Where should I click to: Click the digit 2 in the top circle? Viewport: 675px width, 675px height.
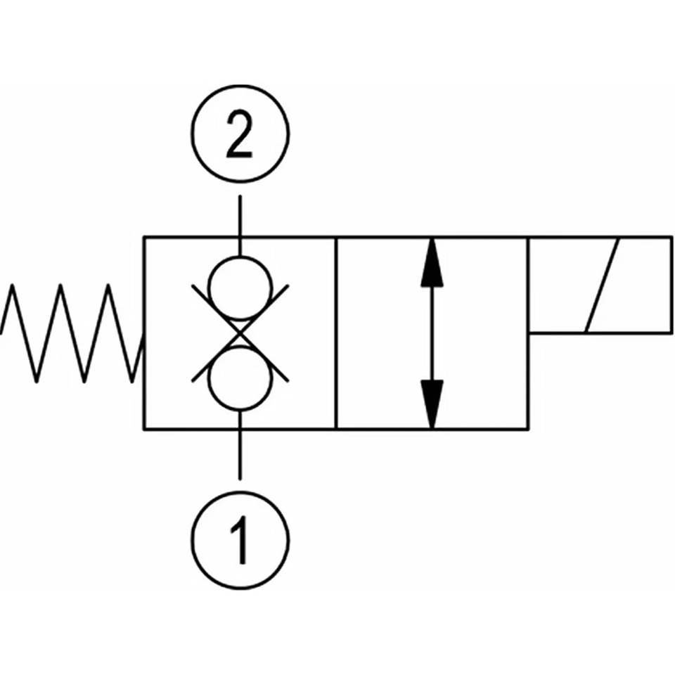[x=239, y=134]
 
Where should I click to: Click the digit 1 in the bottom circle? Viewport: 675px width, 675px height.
[x=240, y=540]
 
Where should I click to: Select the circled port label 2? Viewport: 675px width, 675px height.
[x=240, y=134]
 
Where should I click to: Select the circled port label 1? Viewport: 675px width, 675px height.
[x=240, y=540]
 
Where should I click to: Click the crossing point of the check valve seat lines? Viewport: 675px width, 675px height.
[x=240, y=333]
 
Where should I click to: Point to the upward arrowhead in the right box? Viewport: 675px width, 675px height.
[x=432, y=262]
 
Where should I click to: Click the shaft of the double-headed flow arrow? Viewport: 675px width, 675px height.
[x=432, y=333]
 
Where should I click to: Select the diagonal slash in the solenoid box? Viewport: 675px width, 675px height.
[x=602, y=285]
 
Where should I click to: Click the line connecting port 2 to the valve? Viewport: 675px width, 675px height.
[x=240, y=226]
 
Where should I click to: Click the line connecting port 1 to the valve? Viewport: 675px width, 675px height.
[x=240, y=444]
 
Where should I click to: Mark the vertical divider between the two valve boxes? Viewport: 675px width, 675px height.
[x=336, y=333]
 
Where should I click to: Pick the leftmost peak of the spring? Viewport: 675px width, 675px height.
[x=13, y=285]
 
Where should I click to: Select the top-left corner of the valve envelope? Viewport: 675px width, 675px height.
[x=143, y=237]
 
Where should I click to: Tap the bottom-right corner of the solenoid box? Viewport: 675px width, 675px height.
[x=671, y=333]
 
